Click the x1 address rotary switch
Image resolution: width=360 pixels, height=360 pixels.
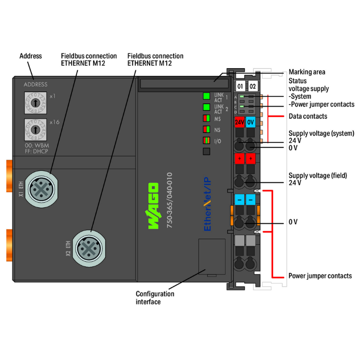coord(35,103)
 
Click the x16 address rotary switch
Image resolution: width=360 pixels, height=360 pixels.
coord(35,130)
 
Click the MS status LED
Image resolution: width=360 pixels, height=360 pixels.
coord(206,118)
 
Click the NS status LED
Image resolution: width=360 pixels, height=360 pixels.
coord(206,129)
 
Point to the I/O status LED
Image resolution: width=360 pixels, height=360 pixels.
coord(206,140)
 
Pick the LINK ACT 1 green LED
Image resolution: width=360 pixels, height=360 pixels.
coord(206,96)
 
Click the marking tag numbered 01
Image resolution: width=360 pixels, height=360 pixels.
coord(240,86)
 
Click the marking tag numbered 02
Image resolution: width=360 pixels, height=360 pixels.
coord(252,86)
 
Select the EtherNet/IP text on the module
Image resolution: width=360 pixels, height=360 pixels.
coord(207,204)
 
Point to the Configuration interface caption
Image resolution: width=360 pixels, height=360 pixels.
coord(155,298)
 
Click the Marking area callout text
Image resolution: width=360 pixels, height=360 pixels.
coord(307,72)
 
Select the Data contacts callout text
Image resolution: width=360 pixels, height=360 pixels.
coord(308,116)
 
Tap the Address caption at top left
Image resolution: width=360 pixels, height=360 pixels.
coord(30,56)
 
